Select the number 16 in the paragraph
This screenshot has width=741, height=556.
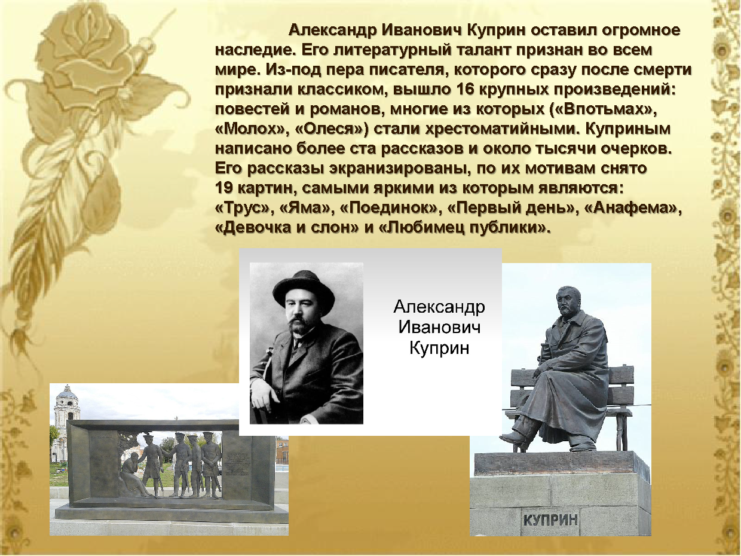pyautogui.click(x=465, y=90)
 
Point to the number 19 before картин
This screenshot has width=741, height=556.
pyautogui.click(x=224, y=188)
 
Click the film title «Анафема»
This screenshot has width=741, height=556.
pyautogui.click(x=631, y=207)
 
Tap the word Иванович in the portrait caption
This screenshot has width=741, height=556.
pyautogui.click(x=439, y=327)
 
